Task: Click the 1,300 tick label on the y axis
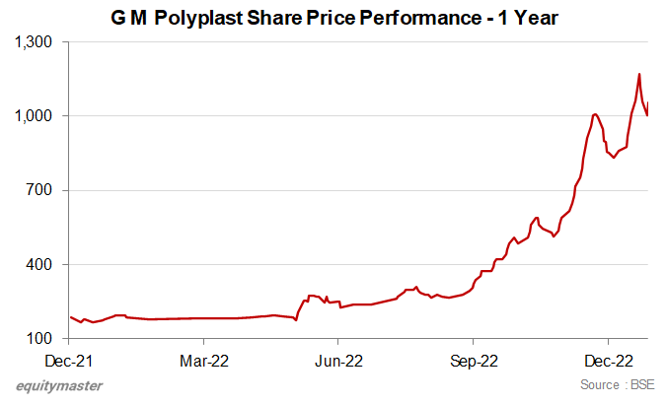click(x=34, y=42)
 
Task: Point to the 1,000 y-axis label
click(x=34, y=116)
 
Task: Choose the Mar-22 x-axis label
click(x=202, y=360)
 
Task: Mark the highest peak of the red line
click(x=639, y=74)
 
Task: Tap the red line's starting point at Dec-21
click(x=71, y=317)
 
